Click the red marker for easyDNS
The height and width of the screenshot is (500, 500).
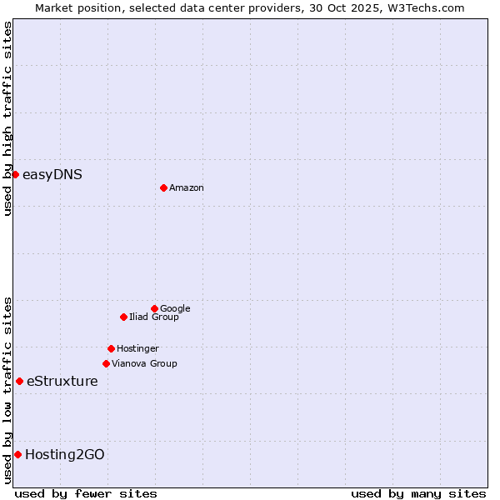(15, 174)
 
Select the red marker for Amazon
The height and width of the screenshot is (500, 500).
(163, 187)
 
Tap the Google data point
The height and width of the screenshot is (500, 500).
(154, 308)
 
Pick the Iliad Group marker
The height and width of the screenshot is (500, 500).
(123, 317)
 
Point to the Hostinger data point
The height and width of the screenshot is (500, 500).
(111, 348)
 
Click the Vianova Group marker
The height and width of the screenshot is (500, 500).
(106, 363)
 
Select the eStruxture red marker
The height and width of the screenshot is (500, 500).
(19, 381)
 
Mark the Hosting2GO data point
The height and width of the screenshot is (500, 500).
(17, 454)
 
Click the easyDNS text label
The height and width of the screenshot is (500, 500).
(52, 174)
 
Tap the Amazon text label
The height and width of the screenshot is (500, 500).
(187, 188)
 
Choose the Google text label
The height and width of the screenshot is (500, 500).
(175, 309)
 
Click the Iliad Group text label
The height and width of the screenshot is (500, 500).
(154, 317)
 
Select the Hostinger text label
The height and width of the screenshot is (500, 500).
(137, 349)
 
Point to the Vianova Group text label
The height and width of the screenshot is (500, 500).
(144, 364)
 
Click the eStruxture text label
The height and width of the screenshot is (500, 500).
(62, 382)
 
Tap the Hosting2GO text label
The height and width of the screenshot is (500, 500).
(65, 454)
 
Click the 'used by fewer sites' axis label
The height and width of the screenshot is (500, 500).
(86, 493)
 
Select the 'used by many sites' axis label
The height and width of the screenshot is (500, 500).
(418, 493)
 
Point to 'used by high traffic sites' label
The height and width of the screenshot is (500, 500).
(7, 118)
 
